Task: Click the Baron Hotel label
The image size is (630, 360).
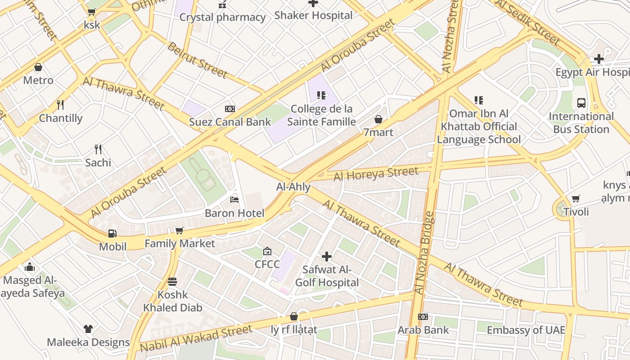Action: (x=234, y=213)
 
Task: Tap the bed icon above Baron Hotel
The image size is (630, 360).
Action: (x=234, y=199)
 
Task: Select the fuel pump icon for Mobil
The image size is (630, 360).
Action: (x=112, y=233)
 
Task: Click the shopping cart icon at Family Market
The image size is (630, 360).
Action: (x=179, y=230)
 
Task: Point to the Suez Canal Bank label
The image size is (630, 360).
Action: (x=230, y=122)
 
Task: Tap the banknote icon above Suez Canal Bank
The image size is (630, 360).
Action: (x=230, y=109)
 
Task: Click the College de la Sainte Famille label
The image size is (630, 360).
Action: (x=321, y=116)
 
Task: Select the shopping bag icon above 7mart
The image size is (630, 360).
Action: (x=378, y=119)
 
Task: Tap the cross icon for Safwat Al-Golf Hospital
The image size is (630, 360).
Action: (x=327, y=256)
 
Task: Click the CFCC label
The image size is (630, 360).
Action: (x=267, y=264)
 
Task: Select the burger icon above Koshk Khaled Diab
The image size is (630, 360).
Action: (x=172, y=282)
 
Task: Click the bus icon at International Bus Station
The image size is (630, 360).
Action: (x=581, y=103)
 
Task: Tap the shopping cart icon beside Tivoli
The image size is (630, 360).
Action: (x=576, y=198)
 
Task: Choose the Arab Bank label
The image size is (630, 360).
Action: (x=423, y=330)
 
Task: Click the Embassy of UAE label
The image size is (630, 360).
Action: (x=526, y=330)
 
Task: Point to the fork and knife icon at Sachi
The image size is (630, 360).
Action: (x=98, y=149)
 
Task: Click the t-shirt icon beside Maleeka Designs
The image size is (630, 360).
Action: (x=88, y=329)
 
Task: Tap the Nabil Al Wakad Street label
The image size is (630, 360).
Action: (x=196, y=339)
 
